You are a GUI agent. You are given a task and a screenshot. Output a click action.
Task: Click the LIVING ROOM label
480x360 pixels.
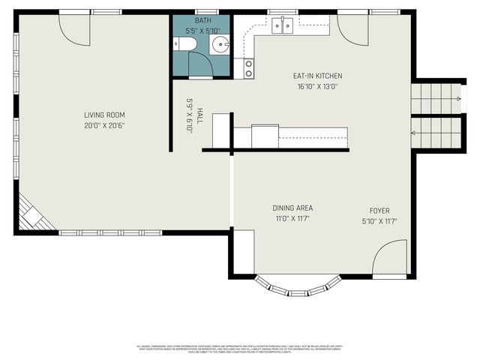(100, 115)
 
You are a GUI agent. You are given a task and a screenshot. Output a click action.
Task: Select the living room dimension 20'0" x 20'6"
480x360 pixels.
(100, 126)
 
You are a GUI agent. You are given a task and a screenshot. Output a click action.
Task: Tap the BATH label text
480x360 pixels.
(202, 21)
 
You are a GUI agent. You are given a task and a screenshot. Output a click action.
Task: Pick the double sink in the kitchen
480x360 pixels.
(283, 25)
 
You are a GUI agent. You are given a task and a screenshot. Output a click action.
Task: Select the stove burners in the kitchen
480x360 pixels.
(248, 69)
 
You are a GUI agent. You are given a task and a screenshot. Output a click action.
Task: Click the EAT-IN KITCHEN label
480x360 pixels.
(317, 76)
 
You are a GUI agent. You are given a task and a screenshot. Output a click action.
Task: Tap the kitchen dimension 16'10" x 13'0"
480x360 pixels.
(317, 86)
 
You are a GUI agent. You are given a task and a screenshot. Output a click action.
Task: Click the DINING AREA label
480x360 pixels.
(292, 208)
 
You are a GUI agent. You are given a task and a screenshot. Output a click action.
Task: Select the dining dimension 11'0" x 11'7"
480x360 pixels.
(292, 219)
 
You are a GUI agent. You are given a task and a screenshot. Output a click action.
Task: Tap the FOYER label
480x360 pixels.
(379, 211)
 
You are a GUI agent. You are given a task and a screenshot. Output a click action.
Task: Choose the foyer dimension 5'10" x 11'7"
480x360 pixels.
(379, 221)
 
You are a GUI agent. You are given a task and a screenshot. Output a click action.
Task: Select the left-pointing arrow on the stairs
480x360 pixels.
(414, 133)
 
